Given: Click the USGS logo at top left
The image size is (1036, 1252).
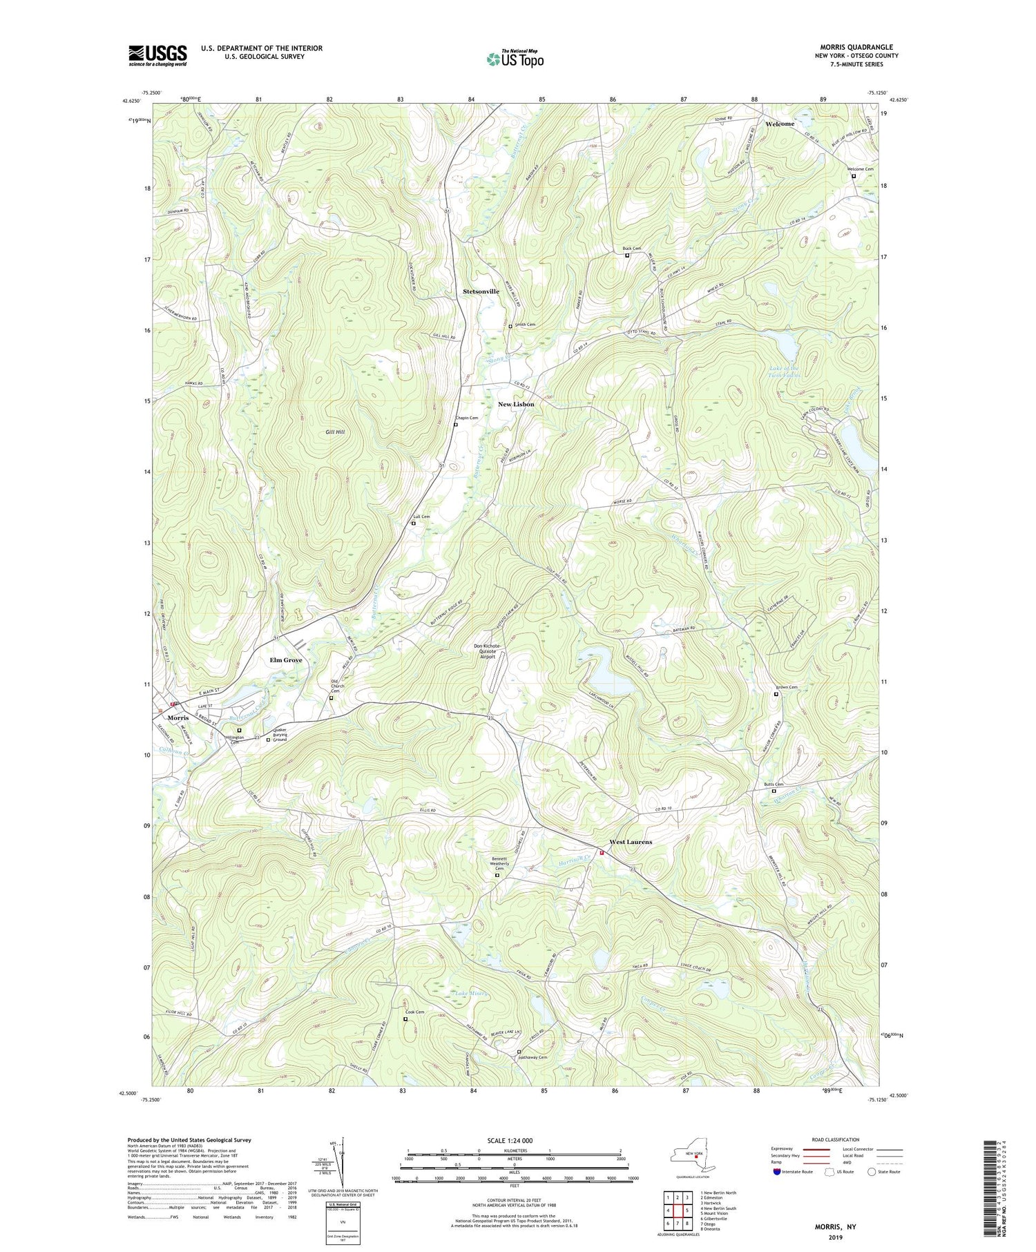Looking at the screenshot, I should (157, 55).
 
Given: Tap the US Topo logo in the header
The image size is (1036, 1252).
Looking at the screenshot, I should (515, 59).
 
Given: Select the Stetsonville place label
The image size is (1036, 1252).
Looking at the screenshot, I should (481, 291).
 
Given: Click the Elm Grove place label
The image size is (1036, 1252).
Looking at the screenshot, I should (285, 660).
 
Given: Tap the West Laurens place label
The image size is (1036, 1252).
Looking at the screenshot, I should (630, 842).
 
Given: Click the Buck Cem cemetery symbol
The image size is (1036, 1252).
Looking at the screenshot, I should (627, 256).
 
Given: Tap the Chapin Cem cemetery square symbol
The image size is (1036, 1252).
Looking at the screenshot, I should (455, 425).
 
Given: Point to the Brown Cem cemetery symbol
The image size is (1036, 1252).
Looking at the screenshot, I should (776, 695).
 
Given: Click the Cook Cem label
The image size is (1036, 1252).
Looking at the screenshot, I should (414, 1012).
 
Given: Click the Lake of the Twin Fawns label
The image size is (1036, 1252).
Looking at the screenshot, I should (785, 372).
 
